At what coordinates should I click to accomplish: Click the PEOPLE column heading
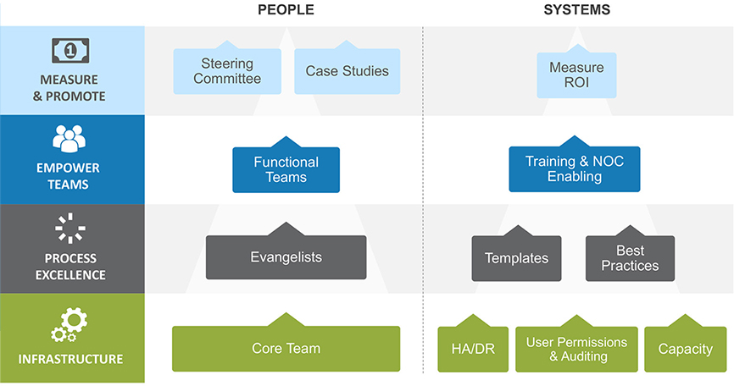pyautogui.click(x=286, y=10)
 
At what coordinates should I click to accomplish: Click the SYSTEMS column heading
pyautogui.click(x=576, y=10)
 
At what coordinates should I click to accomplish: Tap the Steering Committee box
pyautogui.click(x=227, y=71)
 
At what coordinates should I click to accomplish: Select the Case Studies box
pyautogui.click(x=348, y=71)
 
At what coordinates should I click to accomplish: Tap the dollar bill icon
pyautogui.click(x=70, y=51)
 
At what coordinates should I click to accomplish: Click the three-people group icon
pyautogui.click(x=70, y=138)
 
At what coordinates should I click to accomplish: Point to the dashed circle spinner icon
pyautogui.click(x=70, y=228)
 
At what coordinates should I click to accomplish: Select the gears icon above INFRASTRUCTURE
pyautogui.click(x=70, y=324)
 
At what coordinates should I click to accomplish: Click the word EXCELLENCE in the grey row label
pyautogui.click(x=70, y=275)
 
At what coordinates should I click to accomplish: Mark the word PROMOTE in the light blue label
pyautogui.click(x=75, y=96)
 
